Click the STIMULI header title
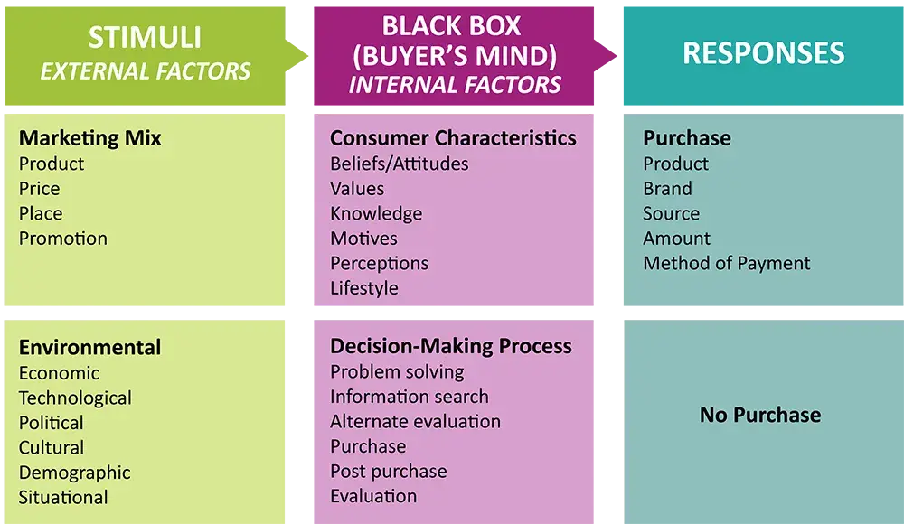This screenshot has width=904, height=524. (145, 38)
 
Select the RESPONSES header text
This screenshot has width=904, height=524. (763, 53)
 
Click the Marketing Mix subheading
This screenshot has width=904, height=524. (90, 138)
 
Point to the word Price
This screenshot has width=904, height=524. (40, 189)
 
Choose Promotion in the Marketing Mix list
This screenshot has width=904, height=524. (63, 239)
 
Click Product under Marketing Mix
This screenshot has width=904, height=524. (52, 164)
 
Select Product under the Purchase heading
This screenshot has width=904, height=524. (676, 164)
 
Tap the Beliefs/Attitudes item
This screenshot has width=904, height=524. (400, 164)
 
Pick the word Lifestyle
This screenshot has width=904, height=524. (364, 288)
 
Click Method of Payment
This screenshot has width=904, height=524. (727, 264)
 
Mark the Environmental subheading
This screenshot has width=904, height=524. (90, 348)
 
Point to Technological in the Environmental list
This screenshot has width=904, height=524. (75, 398)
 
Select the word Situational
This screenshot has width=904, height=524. (63, 497)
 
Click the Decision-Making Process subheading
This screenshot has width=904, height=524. (451, 346)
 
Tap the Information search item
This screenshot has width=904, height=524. (410, 397)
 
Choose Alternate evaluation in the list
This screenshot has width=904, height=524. (415, 421)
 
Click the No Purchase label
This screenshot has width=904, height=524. (760, 416)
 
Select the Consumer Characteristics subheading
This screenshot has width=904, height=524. (453, 138)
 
